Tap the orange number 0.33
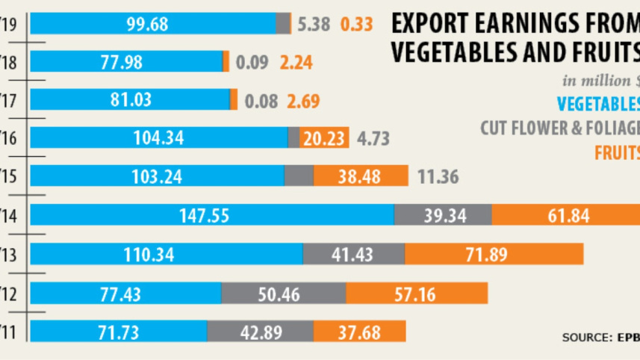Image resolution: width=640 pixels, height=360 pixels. tap(356, 24)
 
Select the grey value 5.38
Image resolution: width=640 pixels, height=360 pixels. tap(313, 24)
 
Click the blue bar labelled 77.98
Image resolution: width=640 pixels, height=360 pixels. tap(126, 62)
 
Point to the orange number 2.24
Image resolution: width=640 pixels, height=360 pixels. tap(296, 62)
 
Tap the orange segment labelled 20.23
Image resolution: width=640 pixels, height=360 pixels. tap(324, 138)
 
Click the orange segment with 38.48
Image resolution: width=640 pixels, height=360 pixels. tap(361, 176)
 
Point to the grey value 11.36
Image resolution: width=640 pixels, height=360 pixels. tap(438, 177)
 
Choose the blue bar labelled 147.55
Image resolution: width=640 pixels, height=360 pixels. tap(211, 216)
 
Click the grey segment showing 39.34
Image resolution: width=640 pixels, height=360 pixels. tap(442, 216)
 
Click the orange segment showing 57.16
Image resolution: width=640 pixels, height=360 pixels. tap(416, 294)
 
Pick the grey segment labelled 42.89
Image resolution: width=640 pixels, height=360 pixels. tap(260, 332)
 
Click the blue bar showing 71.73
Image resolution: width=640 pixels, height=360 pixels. tap(118, 332)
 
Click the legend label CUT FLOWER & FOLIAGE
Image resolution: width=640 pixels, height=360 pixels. tap(559, 128)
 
